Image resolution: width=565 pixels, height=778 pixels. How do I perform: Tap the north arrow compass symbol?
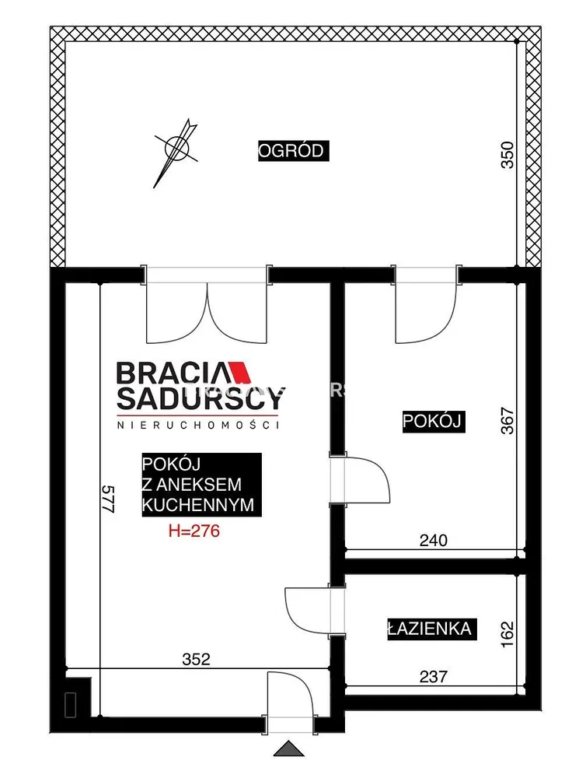click(x=176, y=149)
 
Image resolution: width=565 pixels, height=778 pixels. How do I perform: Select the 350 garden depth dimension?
click(x=508, y=156)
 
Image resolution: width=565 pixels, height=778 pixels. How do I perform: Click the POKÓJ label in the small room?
click(x=433, y=421)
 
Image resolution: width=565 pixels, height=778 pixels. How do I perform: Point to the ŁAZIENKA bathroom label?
click(x=431, y=629)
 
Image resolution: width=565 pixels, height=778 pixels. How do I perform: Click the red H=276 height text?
click(x=194, y=531)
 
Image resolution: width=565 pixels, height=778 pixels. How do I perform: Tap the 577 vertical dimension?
click(x=109, y=499)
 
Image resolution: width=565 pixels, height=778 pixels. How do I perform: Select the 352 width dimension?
click(x=197, y=660)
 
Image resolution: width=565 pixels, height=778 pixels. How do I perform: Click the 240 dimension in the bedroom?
click(x=433, y=540)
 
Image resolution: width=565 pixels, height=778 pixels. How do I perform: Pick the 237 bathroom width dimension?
click(x=433, y=676)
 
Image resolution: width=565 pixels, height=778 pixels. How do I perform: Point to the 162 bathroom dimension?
click(x=508, y=635)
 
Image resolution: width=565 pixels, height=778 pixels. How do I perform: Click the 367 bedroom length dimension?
click(x=508, y=421)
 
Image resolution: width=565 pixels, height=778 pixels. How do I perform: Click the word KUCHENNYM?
click(x=197, y=505)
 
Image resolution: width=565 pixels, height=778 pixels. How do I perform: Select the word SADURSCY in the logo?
click(x=201, y=398)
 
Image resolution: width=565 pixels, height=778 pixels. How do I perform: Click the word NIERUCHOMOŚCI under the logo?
click(x=197, y=426)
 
